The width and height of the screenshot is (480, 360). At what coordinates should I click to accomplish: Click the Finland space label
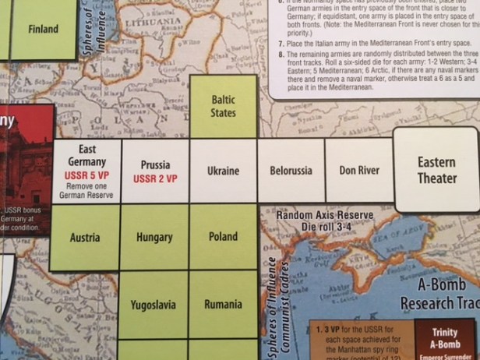[43, 30]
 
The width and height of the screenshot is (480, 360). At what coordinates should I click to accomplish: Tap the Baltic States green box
[223, 106]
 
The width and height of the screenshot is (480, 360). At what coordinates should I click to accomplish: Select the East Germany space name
[86, 154]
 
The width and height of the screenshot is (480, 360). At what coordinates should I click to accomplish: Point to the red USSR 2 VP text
[155, 178]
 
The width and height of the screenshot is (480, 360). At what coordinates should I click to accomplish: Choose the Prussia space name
[155, 165]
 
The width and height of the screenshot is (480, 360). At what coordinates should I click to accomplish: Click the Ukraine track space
[223, 171]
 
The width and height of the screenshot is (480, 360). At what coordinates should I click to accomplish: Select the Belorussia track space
[291, 170]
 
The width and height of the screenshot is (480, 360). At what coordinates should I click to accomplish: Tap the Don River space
[359, 170]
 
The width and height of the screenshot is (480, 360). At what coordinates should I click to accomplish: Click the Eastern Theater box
[436, 171]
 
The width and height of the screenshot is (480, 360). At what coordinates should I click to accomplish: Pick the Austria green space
[85, 236]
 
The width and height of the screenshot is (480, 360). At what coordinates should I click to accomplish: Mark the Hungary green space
[154, 237]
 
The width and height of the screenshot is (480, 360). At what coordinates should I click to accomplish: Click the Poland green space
[223, 237]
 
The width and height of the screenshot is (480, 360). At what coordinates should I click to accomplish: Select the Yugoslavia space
[154, 304]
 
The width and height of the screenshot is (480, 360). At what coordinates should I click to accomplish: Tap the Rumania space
[223, 304]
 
